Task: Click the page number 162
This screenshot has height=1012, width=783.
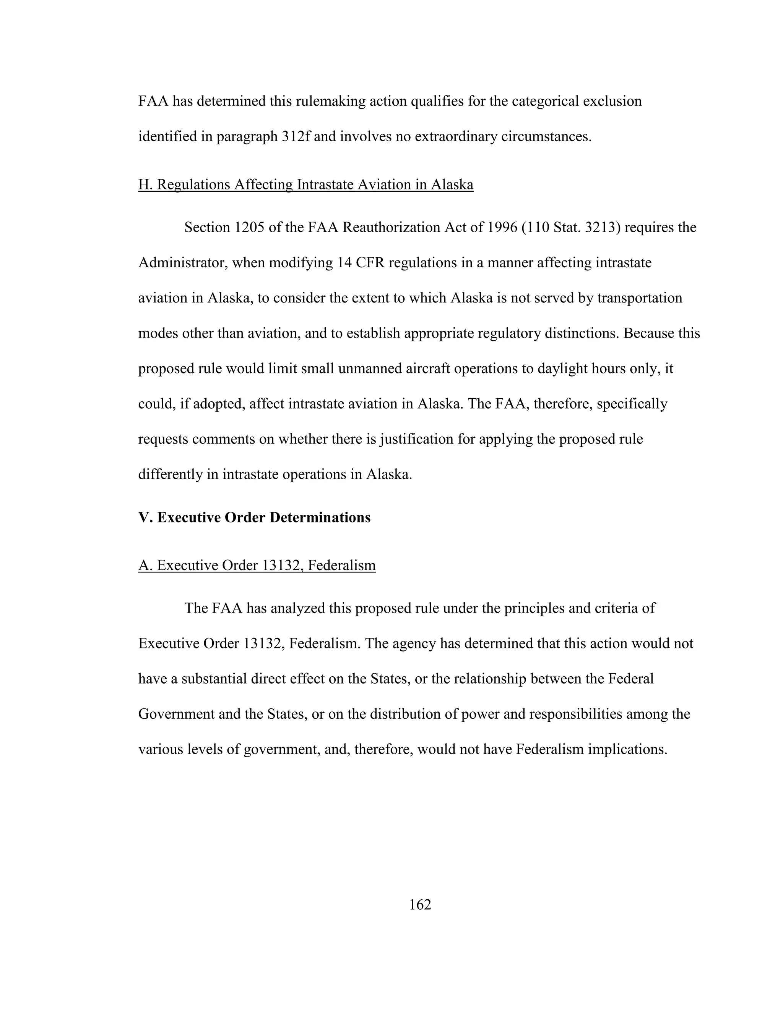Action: coord(420,904)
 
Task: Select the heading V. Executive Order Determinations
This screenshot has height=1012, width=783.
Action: coord(254,517)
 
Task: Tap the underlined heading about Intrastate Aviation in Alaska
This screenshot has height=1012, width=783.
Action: coord(306,184)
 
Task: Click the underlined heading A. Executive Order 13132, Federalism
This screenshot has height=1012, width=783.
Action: coord(257,565)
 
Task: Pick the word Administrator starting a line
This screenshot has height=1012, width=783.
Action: coord(182,263)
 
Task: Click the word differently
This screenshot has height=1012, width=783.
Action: coord(170,474)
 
